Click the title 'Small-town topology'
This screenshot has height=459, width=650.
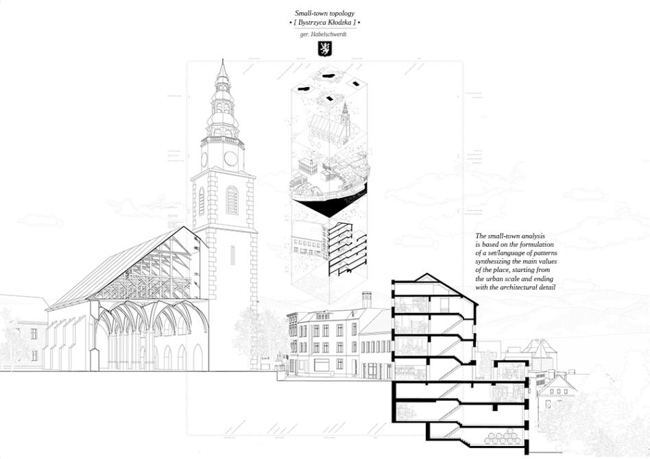point(324,13)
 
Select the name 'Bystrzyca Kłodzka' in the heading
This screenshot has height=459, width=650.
point(324,23)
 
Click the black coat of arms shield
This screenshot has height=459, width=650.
point(324,49)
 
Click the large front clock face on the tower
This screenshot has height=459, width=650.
point(230,159)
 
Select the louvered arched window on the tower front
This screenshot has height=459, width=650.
point(232,201)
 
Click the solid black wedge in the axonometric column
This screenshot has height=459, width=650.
point(332,207)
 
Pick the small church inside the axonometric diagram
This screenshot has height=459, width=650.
point(330,125)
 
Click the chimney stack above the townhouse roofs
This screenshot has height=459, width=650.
point(366,299)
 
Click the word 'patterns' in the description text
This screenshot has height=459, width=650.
point(544,253)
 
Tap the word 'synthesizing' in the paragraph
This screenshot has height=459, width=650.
point(493,262)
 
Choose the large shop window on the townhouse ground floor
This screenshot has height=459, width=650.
point(322,365)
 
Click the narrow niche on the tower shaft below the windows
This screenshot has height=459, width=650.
point(232,256)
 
